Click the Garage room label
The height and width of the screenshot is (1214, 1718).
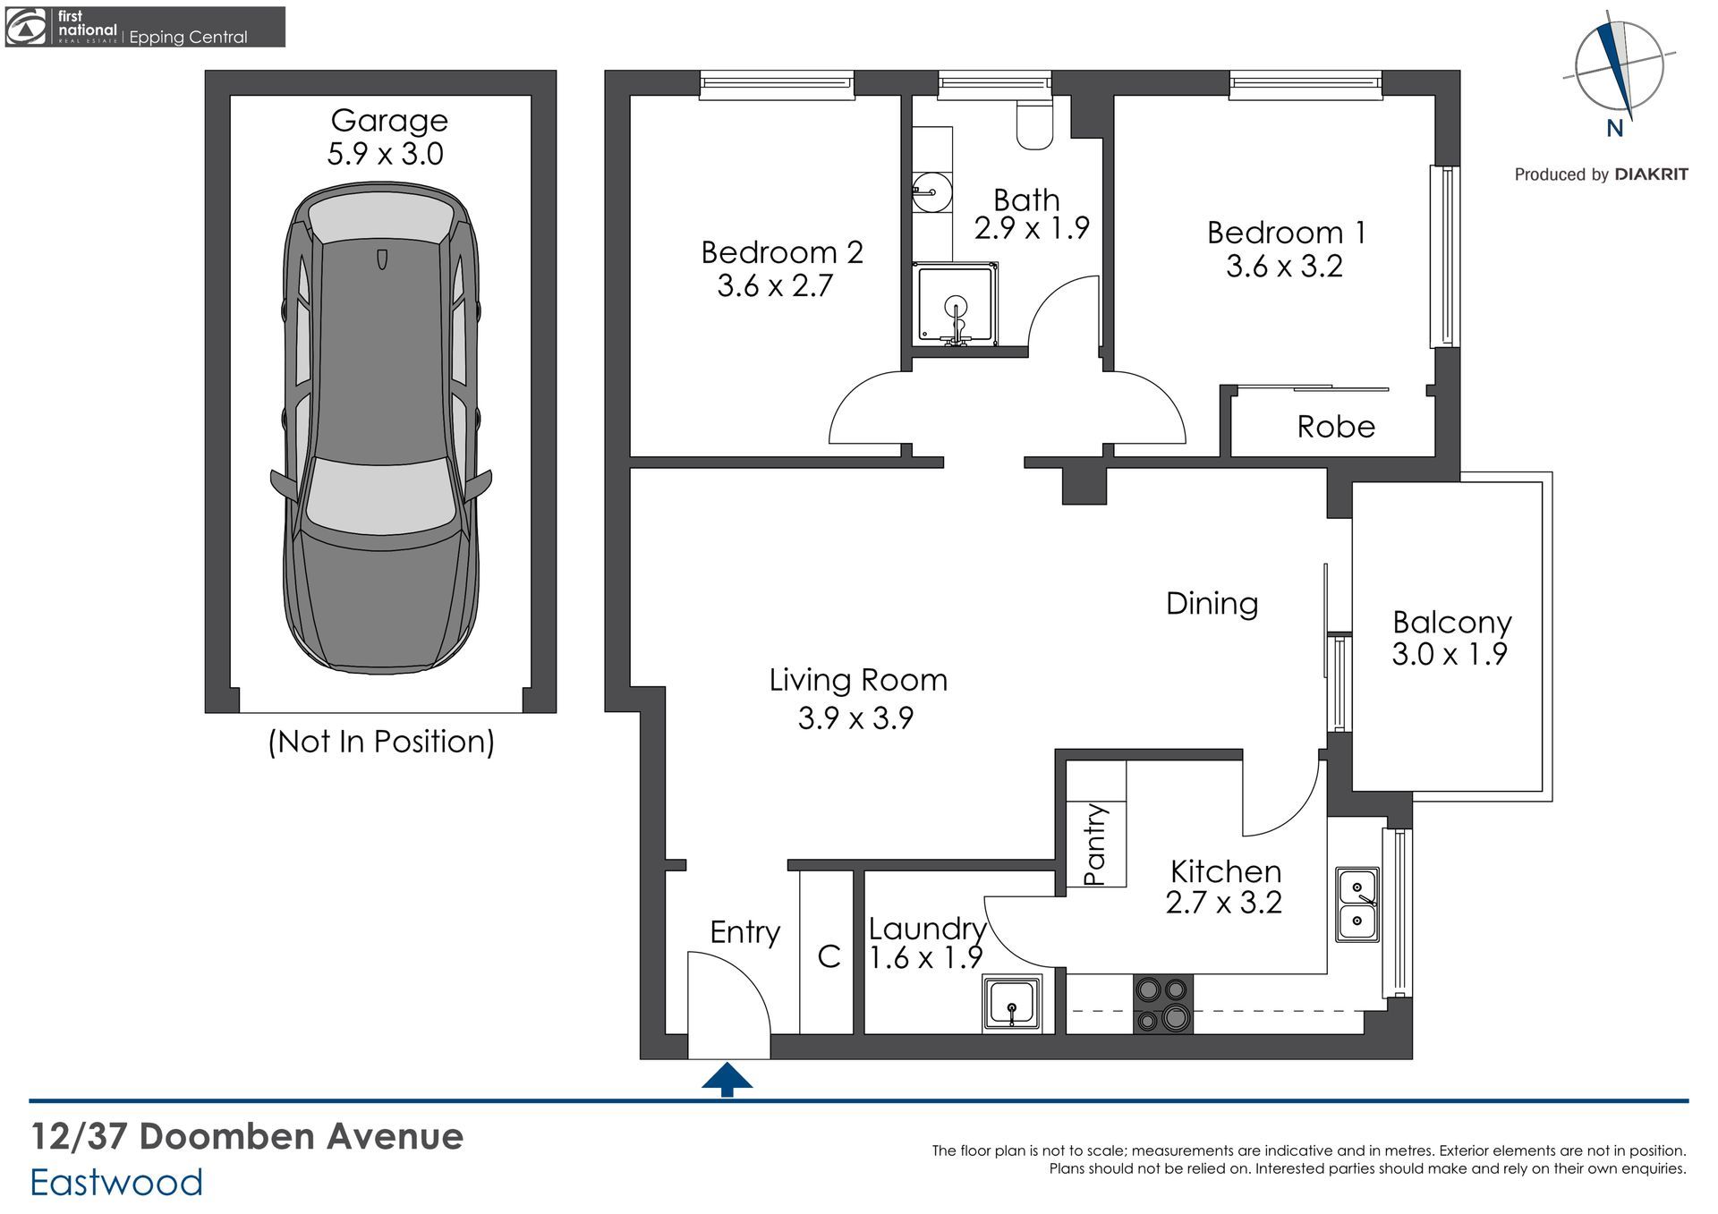(x=389, y=120)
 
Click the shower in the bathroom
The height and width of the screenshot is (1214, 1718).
(x=955, y=303)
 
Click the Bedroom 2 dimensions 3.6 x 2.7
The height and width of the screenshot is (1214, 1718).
(x=775, y=286)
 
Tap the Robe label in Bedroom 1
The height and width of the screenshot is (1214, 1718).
(x=1335, y=427)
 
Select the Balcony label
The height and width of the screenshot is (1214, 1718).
(x=1451, y=622)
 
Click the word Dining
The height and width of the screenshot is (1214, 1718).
(x=1212, y=603)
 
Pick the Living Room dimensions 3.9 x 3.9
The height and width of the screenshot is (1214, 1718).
(x=855, y=718)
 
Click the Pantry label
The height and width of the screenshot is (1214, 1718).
(x=1095, y=844)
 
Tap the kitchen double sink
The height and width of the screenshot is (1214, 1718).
(x=1357, y=904)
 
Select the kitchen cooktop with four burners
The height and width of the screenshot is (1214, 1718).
(x=1162, y=1004)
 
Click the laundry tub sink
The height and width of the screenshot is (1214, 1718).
(x=1012, y=1003)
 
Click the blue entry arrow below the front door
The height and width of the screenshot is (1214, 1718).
(x=727, y=1079)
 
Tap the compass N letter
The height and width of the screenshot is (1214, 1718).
(x=1615, y=129)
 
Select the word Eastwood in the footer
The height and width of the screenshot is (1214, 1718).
(x=116, y=1183)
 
